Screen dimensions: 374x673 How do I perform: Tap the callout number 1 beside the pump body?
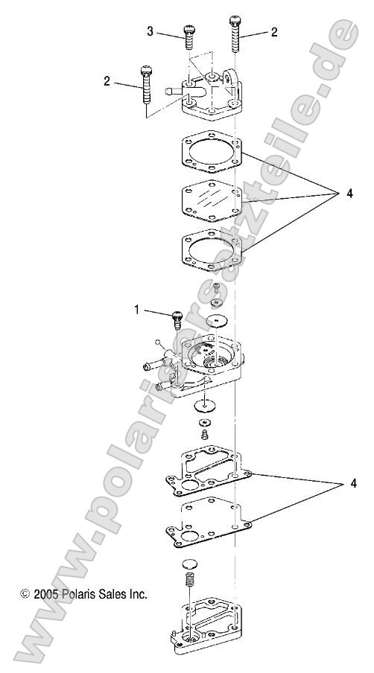(x=136, y=309)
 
